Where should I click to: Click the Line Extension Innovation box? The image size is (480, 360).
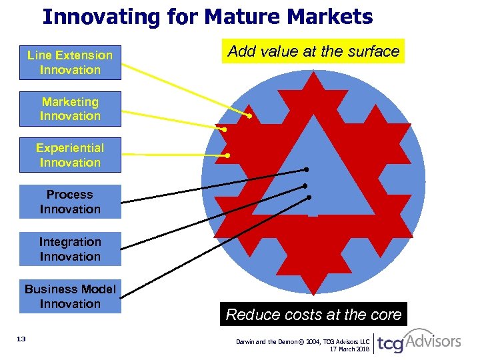coord(70,63)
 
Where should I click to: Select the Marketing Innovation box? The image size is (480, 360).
coord(70,109)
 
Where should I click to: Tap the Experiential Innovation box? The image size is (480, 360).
coord(70,155)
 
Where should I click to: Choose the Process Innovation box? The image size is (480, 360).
coord(70,202)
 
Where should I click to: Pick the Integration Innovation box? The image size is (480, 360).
coord(70,249)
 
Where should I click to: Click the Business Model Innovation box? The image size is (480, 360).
coord(70,297)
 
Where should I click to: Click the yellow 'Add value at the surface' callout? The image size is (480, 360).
coord(313,51)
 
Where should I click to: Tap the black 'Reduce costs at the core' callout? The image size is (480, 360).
coord(313,315)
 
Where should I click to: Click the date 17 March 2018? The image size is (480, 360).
coord(350,350)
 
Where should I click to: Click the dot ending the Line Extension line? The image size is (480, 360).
coord(249,117)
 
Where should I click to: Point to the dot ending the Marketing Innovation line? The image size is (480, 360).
coord(225,129)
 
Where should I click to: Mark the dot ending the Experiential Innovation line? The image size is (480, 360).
coord(227,155)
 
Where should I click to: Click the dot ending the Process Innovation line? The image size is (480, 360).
coord(307,170)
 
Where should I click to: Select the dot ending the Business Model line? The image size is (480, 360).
coord(309,198)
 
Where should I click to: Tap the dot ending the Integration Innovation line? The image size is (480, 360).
coord(305,185)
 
